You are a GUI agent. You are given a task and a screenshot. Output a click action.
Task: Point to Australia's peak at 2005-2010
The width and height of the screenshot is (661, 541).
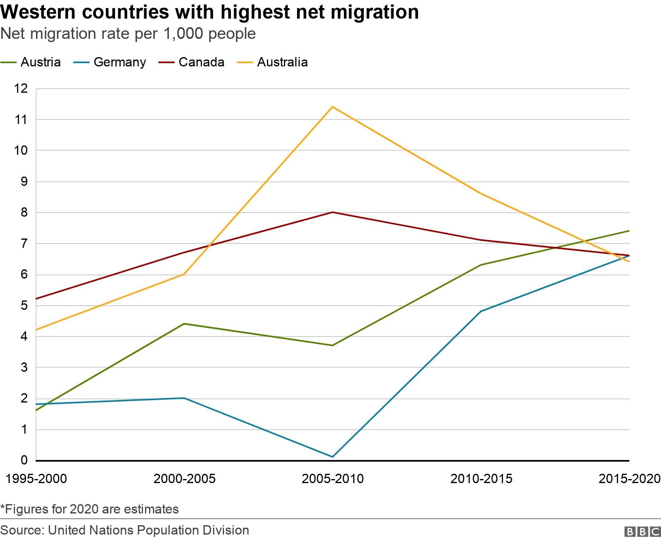(333, 107)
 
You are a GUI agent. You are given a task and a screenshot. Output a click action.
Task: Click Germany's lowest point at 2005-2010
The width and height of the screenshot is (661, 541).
(333, 457)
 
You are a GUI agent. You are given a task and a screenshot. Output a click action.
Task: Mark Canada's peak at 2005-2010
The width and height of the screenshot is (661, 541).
(333, 212)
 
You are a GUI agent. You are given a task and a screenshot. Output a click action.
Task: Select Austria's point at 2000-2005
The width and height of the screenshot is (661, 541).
(184, 324)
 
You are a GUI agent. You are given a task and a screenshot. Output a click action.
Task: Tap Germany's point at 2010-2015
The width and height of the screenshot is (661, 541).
(481, 311)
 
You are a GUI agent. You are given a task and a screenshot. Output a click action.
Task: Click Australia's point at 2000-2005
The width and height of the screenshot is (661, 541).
(184, 274)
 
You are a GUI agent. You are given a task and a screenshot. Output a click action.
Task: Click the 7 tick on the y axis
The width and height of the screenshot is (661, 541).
(24, 243)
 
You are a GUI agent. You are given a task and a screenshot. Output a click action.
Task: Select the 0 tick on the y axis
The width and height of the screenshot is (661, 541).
(24, 460)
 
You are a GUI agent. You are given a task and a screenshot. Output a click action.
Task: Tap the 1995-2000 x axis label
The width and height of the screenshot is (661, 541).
(36, 479)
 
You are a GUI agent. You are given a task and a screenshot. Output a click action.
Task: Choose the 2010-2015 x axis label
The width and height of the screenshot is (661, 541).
(481, 479)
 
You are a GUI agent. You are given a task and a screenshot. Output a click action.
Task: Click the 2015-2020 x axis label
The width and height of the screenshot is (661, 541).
(629, 479)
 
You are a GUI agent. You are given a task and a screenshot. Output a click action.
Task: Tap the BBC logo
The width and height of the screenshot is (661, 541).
(642, 531)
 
